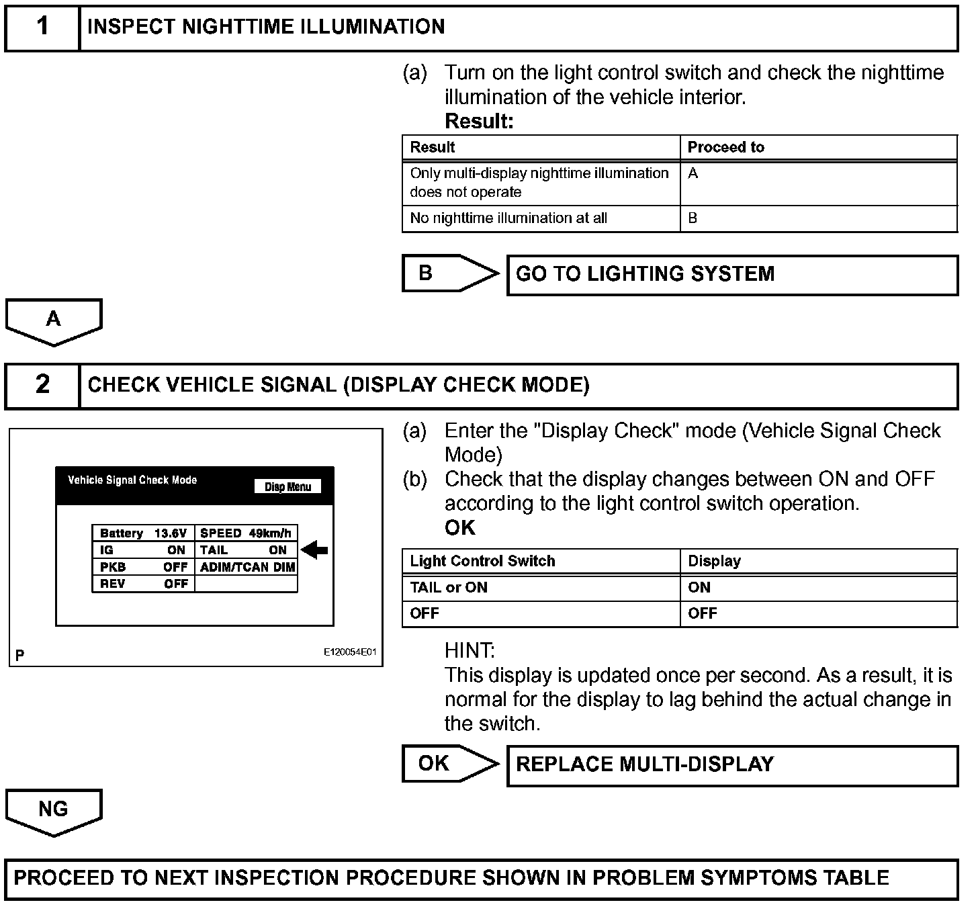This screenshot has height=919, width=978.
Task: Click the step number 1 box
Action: [42, 27]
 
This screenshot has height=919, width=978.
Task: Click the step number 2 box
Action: [42, 385]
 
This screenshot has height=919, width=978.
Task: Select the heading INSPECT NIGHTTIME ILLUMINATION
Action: [266, 27]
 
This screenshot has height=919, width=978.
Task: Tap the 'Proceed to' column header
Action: [725, 147]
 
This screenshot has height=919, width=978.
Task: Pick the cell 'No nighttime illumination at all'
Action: [508, 218]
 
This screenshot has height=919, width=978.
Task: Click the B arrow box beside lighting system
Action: [443, 273]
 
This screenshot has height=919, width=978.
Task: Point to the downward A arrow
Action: [54, 321]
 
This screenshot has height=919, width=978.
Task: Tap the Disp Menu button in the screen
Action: [287, 487]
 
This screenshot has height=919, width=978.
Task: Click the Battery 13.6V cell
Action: [143, 533]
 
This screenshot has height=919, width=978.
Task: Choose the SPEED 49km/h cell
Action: [246, 533]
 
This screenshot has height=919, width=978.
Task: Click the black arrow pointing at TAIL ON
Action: [314, 550]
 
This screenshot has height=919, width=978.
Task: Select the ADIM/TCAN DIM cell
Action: [247, 567]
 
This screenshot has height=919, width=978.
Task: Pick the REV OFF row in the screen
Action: [144, 584]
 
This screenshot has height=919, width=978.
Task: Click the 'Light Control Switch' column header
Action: [482, 562]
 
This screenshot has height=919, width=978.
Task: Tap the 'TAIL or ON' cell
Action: [449, 588]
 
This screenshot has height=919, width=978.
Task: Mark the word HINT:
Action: [469, 650]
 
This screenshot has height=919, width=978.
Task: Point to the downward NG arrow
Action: [54, 812]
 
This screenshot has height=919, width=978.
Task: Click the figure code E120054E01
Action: [350, 652]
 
